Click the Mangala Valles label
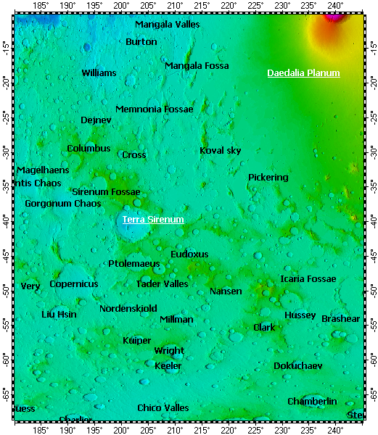(168, 25)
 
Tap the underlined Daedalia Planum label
(303, 73)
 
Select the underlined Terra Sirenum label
(153, 219)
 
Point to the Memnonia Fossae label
(155, 109)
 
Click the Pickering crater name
(268, 178)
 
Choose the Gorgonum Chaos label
(63, 204)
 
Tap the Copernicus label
(73, 284)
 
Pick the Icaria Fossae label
(308, 279)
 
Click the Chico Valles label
(163, 408)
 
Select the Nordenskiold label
(128, 309)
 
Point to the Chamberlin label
(312, 402)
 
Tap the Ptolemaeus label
(133, 264)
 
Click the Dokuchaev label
(297, 366)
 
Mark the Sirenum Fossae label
(106, 192)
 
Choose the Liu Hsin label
(59, 315)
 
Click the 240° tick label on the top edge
(335, 5)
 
